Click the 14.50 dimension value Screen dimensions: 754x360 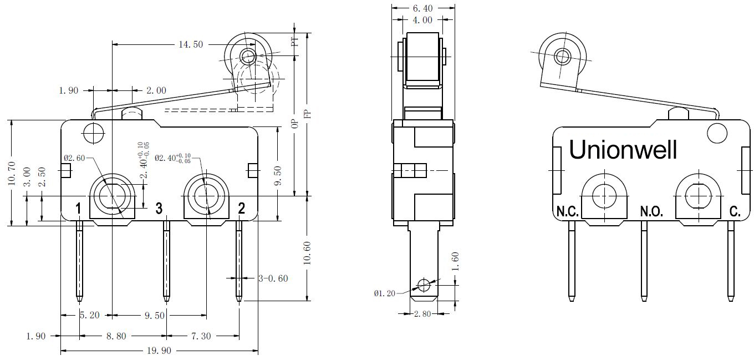coord(191,44)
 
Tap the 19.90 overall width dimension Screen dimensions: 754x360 coord(159,351)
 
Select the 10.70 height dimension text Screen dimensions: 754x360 coord(12,174)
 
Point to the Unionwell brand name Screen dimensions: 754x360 coord(623,150)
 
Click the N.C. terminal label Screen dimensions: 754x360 coord(568,211)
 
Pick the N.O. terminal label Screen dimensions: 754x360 coord(651,211)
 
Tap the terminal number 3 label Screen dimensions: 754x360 coord(159,209)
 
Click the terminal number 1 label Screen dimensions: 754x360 coord(78,209)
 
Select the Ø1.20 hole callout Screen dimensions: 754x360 coord(384,293)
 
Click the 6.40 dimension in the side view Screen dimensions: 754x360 coord(423,8)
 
